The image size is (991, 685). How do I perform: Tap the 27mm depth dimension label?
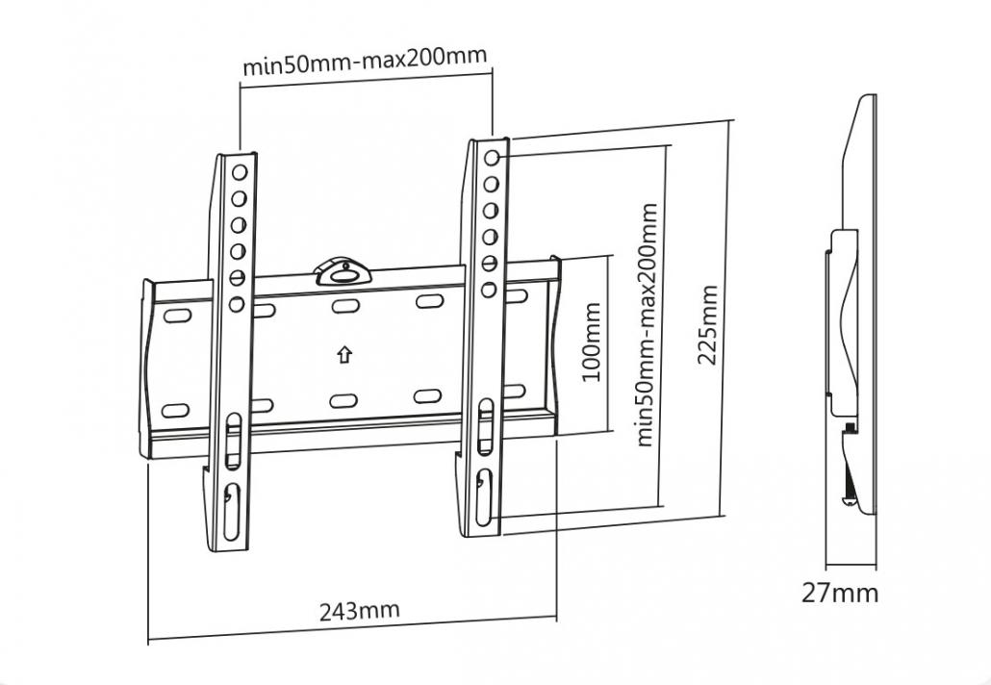(840, 593)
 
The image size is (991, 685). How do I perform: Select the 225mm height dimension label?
(708, 325)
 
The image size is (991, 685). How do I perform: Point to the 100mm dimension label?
(591, 342)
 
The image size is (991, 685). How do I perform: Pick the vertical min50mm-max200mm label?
(646, 324)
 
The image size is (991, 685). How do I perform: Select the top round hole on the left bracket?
(240, 172)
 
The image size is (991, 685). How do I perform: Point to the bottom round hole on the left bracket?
(237, 305)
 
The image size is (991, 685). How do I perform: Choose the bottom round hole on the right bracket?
(489, 290)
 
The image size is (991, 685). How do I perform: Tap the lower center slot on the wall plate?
(343, 401)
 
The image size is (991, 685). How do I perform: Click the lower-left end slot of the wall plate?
(175, 411)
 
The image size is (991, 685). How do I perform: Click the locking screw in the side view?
(851, 428)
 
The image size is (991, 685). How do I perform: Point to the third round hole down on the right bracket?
(491, 211)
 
